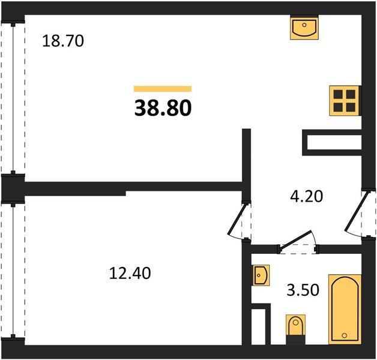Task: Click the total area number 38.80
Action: pos(163,108)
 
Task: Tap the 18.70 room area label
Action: pos(63,41)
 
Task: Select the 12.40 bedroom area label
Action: pos(130,273)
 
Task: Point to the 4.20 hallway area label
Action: pos(307,196)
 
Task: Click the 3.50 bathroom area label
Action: pos(303,290)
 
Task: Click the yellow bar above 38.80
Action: pos(163,89)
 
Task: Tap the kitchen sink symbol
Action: pos(304,28)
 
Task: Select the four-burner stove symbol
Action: pos(345,101)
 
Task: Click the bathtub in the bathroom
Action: pos(345,309)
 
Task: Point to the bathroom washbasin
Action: pos(261,275)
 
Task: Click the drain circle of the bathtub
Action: pos(345,335)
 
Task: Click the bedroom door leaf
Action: pos(237,218)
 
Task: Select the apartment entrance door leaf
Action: pos(357,211)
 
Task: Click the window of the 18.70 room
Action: pos(13,98)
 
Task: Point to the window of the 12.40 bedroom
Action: pos(13,271)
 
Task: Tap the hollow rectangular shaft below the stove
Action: pos(332,143)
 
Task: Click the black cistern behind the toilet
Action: pos(295,340)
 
